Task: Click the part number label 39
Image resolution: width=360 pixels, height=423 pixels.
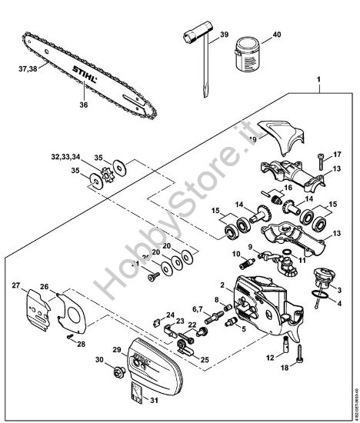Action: tap(224, 35)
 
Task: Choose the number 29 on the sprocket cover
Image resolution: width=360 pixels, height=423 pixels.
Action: tap(118, 349)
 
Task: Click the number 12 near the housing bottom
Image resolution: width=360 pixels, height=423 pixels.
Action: tap(269, 357)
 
